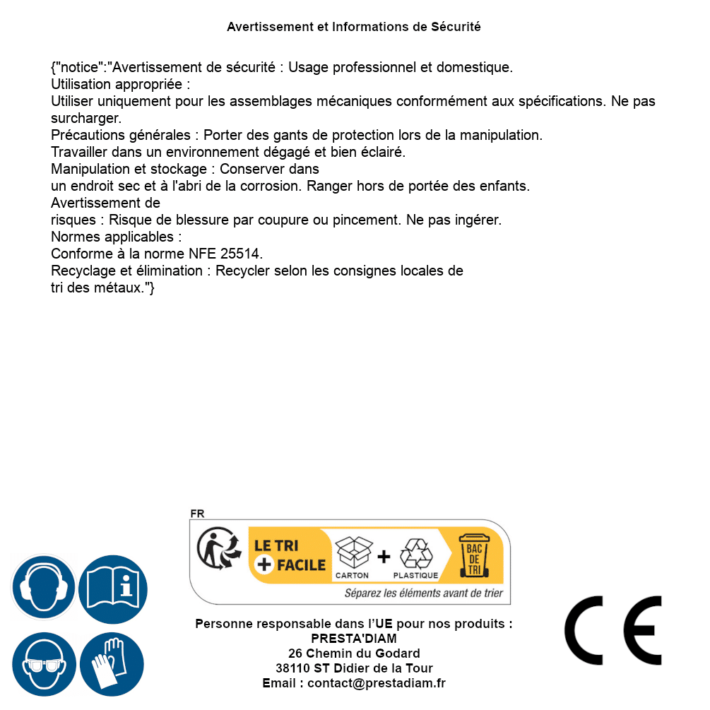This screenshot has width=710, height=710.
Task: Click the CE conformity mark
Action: tap(613, 631)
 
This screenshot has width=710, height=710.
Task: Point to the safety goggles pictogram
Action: tap(43, 664)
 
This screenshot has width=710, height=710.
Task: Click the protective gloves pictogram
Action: tap(113, 664)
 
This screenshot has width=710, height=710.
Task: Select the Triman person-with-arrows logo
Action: tap(218, 549)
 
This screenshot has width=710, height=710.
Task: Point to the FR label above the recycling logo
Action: tap(197, 514)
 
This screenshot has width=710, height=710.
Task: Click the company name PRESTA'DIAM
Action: tap(354, 639)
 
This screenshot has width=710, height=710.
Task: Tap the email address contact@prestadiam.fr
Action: tap(377, 683)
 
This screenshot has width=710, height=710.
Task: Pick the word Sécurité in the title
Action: tap(456, 27)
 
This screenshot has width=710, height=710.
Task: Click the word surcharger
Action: tap(86, 118)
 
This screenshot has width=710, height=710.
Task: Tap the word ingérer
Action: tap(478, 220)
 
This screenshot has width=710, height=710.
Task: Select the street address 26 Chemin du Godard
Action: tap(354, 653)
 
